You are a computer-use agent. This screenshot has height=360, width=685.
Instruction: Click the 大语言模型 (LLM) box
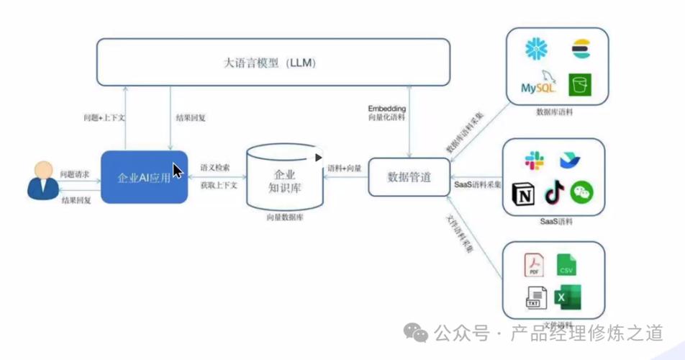click(x=273, y=63)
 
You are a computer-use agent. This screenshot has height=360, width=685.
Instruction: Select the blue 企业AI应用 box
click(x=144, y=177)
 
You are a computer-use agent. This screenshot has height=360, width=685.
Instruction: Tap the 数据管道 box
click(x=409, y=177)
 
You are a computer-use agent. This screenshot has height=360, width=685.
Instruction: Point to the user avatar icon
click(x=43, y=181)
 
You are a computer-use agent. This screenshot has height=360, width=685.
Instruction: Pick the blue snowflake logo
click(x=536, y=49)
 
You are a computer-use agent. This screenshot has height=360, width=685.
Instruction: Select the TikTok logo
click(x=553, y=192)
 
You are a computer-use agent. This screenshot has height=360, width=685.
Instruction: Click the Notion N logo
click(x=523, y=194)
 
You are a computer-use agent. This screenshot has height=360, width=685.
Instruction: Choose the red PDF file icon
click(x=534, y=265)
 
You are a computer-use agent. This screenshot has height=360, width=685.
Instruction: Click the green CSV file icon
click(x=566, y=265)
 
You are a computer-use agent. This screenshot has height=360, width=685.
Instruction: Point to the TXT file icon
click(x=534, y=297)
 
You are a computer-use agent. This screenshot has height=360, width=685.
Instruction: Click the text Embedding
click(x=387, y=108)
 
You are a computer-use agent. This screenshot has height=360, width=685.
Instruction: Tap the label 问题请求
click(x=75, y=174)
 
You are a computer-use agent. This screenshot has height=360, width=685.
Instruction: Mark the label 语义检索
click(x=215, y=168)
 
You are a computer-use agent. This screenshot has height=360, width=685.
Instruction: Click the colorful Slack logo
click(x=534, y=161)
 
